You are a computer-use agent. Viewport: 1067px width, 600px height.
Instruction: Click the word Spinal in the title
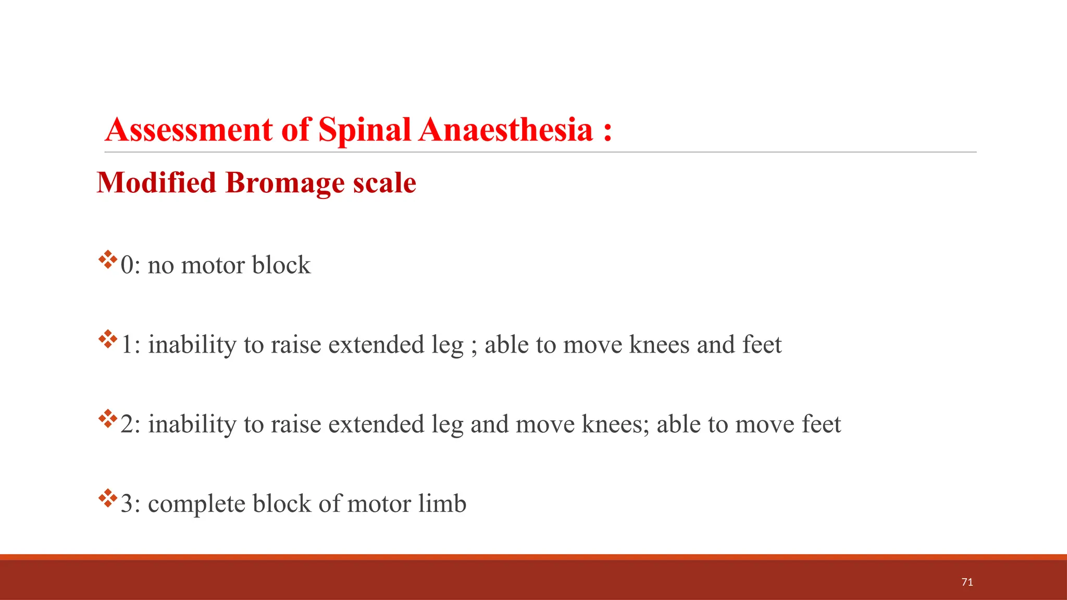(365, 130)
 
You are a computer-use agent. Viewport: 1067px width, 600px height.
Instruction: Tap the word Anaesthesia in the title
(505, 130)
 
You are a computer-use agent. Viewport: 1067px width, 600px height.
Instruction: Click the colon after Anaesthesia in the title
(607, 131)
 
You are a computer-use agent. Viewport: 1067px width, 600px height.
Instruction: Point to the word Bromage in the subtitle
(284, 183)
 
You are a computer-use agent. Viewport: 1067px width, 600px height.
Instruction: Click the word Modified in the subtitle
(156, 183)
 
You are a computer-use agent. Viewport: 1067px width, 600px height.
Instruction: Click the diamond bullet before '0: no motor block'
(108, 259)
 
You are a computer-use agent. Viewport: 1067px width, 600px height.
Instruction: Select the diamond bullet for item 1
(108, 339)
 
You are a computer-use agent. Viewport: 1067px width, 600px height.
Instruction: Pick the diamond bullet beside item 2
(108, 419)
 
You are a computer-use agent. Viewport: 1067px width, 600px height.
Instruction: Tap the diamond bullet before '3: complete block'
(108, 498)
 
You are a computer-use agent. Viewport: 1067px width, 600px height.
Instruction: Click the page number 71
(967, 582)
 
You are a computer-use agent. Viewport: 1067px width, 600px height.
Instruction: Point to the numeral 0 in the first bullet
(127, 265)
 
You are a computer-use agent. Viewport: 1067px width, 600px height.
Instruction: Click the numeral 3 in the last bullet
(127, 504)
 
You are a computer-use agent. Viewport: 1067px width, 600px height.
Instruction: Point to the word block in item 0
(281, 265)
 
